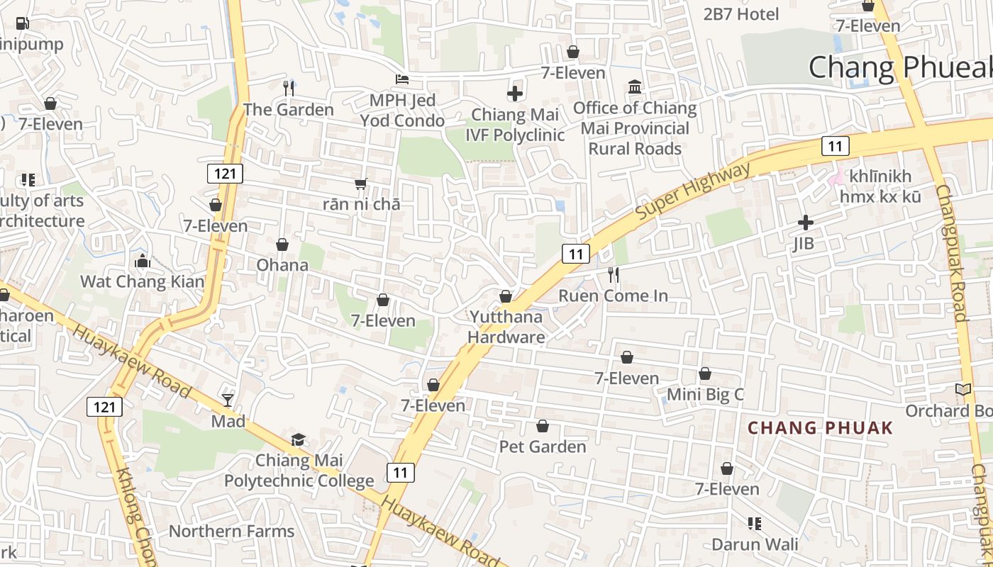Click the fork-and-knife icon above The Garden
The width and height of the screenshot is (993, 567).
pyautogui.click(x=289, y=88)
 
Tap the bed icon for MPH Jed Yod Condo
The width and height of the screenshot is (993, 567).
pyautogui.click(x=402, y=79)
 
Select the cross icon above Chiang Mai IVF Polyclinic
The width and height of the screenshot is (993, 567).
pyautogui.click(x=515, y=93)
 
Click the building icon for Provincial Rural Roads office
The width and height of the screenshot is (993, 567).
pyautogui.click(x=635, y=87)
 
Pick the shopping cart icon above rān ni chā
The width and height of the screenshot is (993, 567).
pyautogui.click(x=361, y=184)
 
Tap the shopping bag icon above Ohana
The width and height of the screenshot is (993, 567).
pyautogui.click(x=282, y=245)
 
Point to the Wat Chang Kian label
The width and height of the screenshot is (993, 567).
pyautogui.click(x=142, y=281)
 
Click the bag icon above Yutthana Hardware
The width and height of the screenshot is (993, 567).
pyautogui.click(x=506, y=296)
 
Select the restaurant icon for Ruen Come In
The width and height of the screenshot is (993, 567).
pyautogui.click(x=614, y=274)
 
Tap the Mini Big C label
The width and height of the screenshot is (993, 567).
pyautogui.click(x=705, y=394)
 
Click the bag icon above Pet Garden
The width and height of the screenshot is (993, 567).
pyautogui.click(x=543, y=426)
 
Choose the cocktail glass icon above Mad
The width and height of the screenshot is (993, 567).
pyautogui.click(x=228, y=400)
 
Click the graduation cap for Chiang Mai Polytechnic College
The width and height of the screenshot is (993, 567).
pyautogui.click(x=299, y=440)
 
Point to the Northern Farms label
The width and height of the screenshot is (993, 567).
pyautogui.click(x=231, y=531)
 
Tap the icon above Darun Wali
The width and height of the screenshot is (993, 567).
pyautogui.click(x=755, y=524)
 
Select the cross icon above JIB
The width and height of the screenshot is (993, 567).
pyautogui.click(x=805, y=223)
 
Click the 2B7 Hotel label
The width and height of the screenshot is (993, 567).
pyautogui.click(x=741, y=14)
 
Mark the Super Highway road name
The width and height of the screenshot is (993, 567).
pyautogui.click(x=692, y=191)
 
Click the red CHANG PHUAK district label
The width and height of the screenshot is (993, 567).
pyautogui.click(x=821, y=428)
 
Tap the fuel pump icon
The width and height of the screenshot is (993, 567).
pyautogui.click(x=22, y=23)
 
